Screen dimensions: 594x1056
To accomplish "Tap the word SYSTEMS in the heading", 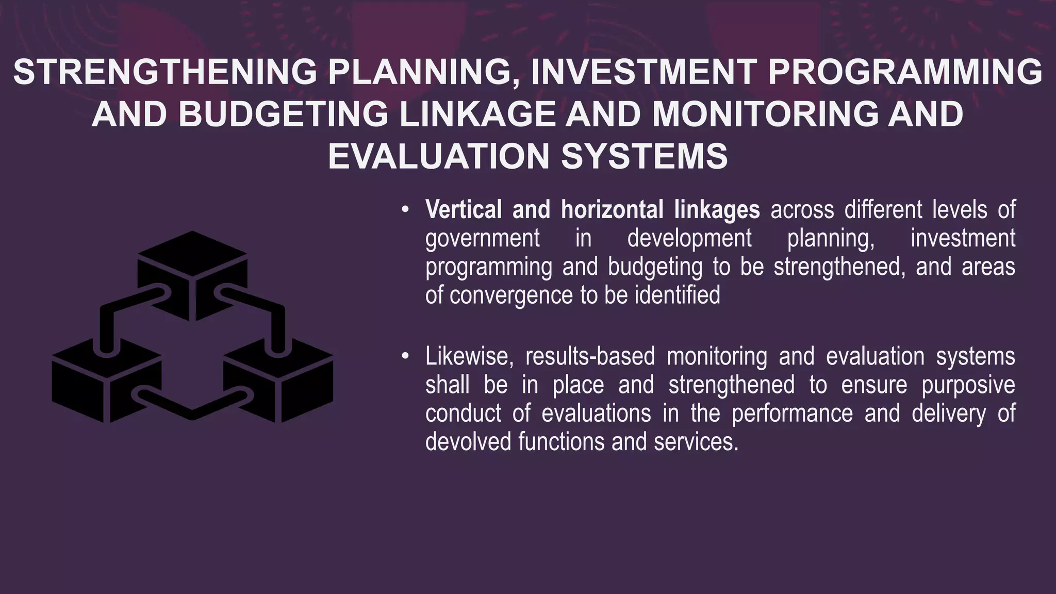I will tap(644, 156).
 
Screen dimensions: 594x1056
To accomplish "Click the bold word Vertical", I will tap(464, 210).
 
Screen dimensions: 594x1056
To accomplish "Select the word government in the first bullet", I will tap(483, 238).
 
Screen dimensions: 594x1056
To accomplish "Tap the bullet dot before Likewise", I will tap(406, 357).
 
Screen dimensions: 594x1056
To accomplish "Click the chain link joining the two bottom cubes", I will tap(192, 405).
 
